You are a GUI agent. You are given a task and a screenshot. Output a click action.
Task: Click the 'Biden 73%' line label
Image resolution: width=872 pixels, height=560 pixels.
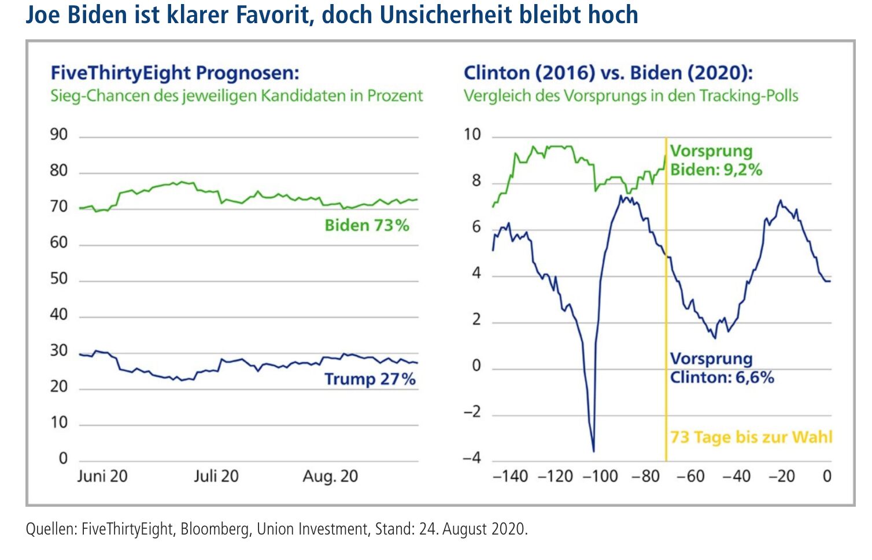[x=367, y=225]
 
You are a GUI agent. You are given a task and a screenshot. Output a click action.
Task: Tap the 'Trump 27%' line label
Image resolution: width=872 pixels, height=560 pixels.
[x=370, y=379]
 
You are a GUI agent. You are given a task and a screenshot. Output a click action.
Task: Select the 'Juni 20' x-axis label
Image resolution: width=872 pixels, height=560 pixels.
[x=102, y=476]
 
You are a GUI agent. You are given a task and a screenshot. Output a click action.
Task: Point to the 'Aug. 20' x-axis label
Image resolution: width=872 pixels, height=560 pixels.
[x=330, y=476]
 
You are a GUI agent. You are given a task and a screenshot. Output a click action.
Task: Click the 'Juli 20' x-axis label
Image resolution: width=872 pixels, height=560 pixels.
[x=216, y=476]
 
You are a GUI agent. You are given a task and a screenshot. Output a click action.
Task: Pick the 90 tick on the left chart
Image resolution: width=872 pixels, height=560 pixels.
[x=59, y=134]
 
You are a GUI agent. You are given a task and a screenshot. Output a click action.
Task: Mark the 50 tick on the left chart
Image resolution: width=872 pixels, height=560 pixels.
[x=59, y=278]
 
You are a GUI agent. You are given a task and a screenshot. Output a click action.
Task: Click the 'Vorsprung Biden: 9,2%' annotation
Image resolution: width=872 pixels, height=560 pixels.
[x=716, y=160]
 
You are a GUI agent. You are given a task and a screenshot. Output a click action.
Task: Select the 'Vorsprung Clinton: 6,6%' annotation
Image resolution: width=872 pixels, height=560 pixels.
[x=721, y=368]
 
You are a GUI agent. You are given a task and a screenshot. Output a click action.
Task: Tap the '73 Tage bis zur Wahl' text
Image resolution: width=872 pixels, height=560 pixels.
[x=751, y=437]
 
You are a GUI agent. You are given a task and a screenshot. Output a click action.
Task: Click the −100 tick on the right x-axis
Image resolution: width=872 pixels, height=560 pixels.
[x=600, y=476]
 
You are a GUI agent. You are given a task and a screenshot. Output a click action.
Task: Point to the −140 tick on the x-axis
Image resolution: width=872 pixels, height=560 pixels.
[x=510, y=476]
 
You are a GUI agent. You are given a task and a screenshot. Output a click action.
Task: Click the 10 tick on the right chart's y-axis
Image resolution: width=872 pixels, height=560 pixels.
[x=472, y=134]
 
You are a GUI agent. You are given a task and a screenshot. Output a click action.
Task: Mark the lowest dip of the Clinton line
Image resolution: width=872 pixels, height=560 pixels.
[x=594, y=451]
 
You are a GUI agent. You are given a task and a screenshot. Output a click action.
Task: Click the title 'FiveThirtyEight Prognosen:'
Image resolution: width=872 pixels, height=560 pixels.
[x=175, y=73]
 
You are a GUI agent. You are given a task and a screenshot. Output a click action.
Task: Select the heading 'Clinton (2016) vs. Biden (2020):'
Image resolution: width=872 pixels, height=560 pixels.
[x=608, y=73]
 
